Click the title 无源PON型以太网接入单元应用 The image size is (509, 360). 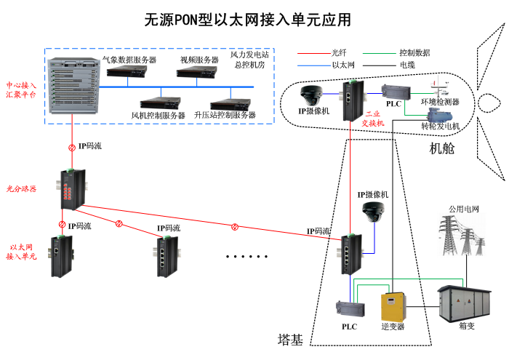point(247,20)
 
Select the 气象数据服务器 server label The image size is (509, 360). point(129,60)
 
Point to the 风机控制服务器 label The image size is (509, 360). point(159,115)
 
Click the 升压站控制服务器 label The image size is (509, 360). point(225,115)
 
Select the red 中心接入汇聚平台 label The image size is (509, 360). point(22,89)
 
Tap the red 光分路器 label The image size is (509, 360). point(22,188)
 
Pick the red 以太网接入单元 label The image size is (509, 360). point(22,252)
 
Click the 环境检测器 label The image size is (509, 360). point(441,102)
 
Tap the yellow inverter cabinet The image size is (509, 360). point(393,305)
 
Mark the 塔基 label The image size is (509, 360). point(290,339)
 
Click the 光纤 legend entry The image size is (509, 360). point(339,52)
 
